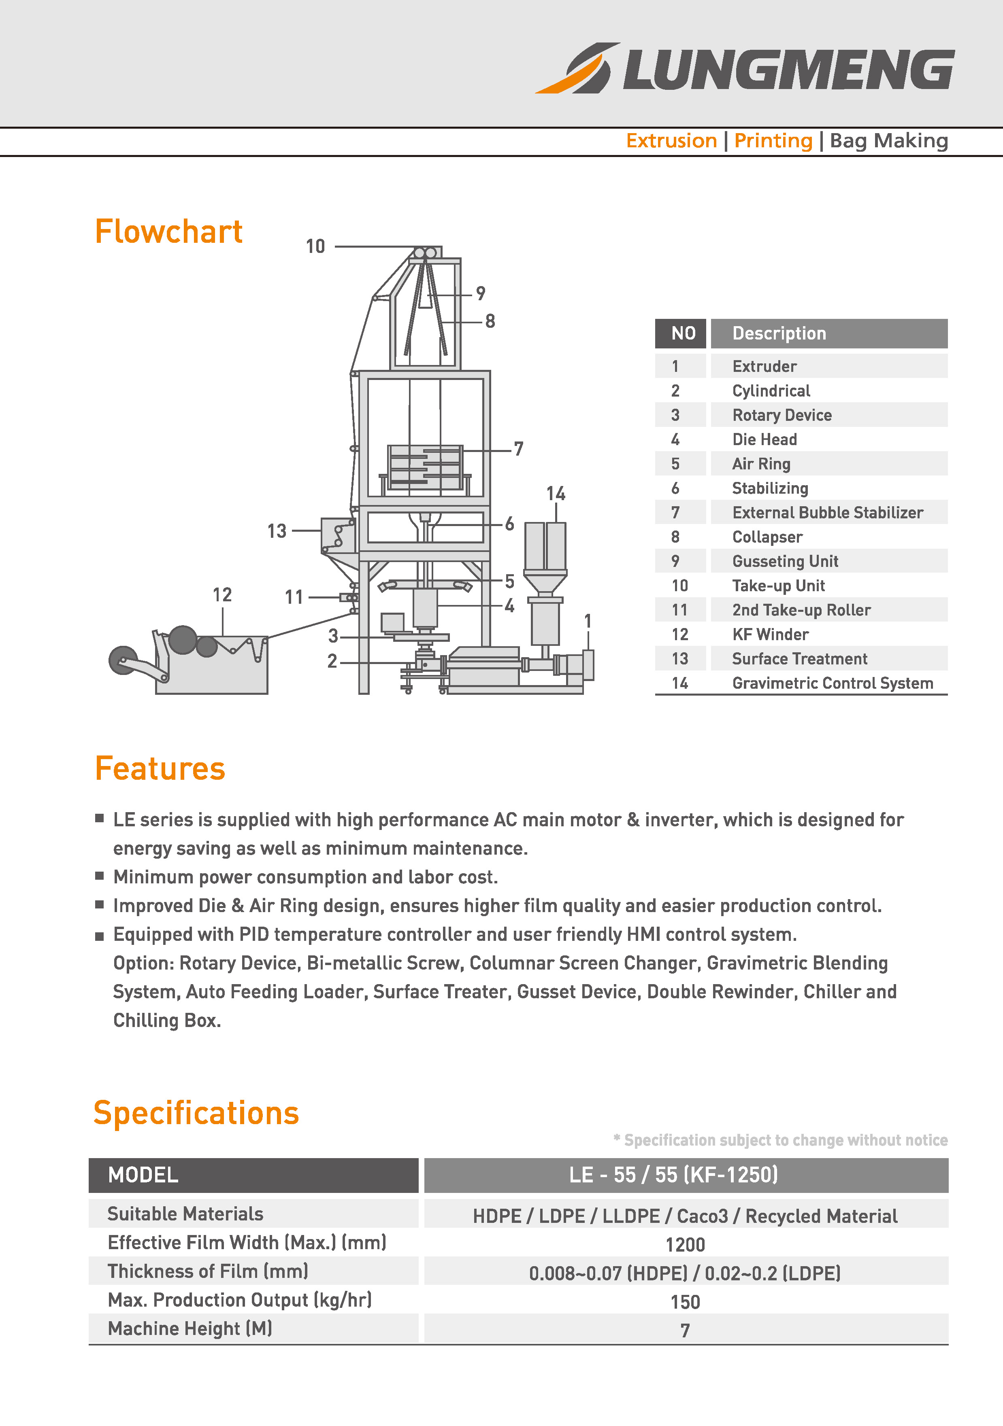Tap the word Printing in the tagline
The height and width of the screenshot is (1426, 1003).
[773, 141]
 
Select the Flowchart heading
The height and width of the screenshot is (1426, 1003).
[168, 231]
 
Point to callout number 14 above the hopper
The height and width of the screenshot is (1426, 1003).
[556, 494]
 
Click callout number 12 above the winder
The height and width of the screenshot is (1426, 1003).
[222, 595]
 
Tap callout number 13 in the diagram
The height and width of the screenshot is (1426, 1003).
[277, 531]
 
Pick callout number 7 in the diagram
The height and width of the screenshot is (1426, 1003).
[518, 449]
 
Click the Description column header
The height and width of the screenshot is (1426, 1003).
[779, 333]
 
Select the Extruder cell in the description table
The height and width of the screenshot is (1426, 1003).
[764, 367]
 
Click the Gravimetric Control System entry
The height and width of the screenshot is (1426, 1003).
[833, 683]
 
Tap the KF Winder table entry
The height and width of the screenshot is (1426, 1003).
[771, 634]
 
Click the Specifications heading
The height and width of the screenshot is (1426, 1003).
[196, 1113]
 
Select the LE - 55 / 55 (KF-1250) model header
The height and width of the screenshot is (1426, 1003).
[674, 1175]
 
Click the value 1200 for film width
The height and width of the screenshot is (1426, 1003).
[686, 1245]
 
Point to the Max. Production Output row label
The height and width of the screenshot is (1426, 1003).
[240, 1300]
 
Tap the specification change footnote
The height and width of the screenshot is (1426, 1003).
[781, 1140]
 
